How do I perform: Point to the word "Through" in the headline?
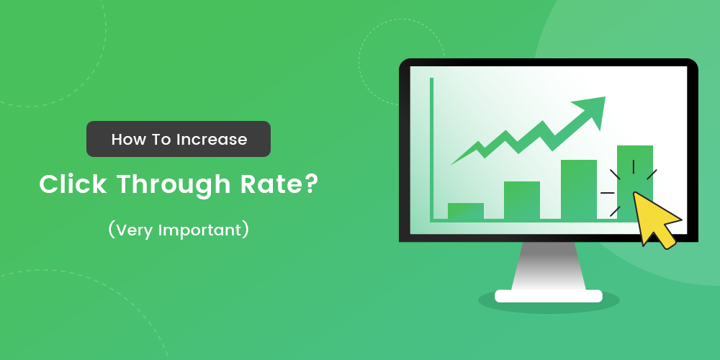(169, 186)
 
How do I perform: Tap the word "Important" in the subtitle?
(204, 231)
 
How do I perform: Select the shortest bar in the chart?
(466, 211)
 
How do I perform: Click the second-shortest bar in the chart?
(522, 200)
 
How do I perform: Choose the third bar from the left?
(579, 189)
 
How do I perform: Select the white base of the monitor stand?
(549, 296)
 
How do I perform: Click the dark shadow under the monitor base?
(549, 305)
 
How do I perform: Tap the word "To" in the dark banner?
(159, 140)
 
